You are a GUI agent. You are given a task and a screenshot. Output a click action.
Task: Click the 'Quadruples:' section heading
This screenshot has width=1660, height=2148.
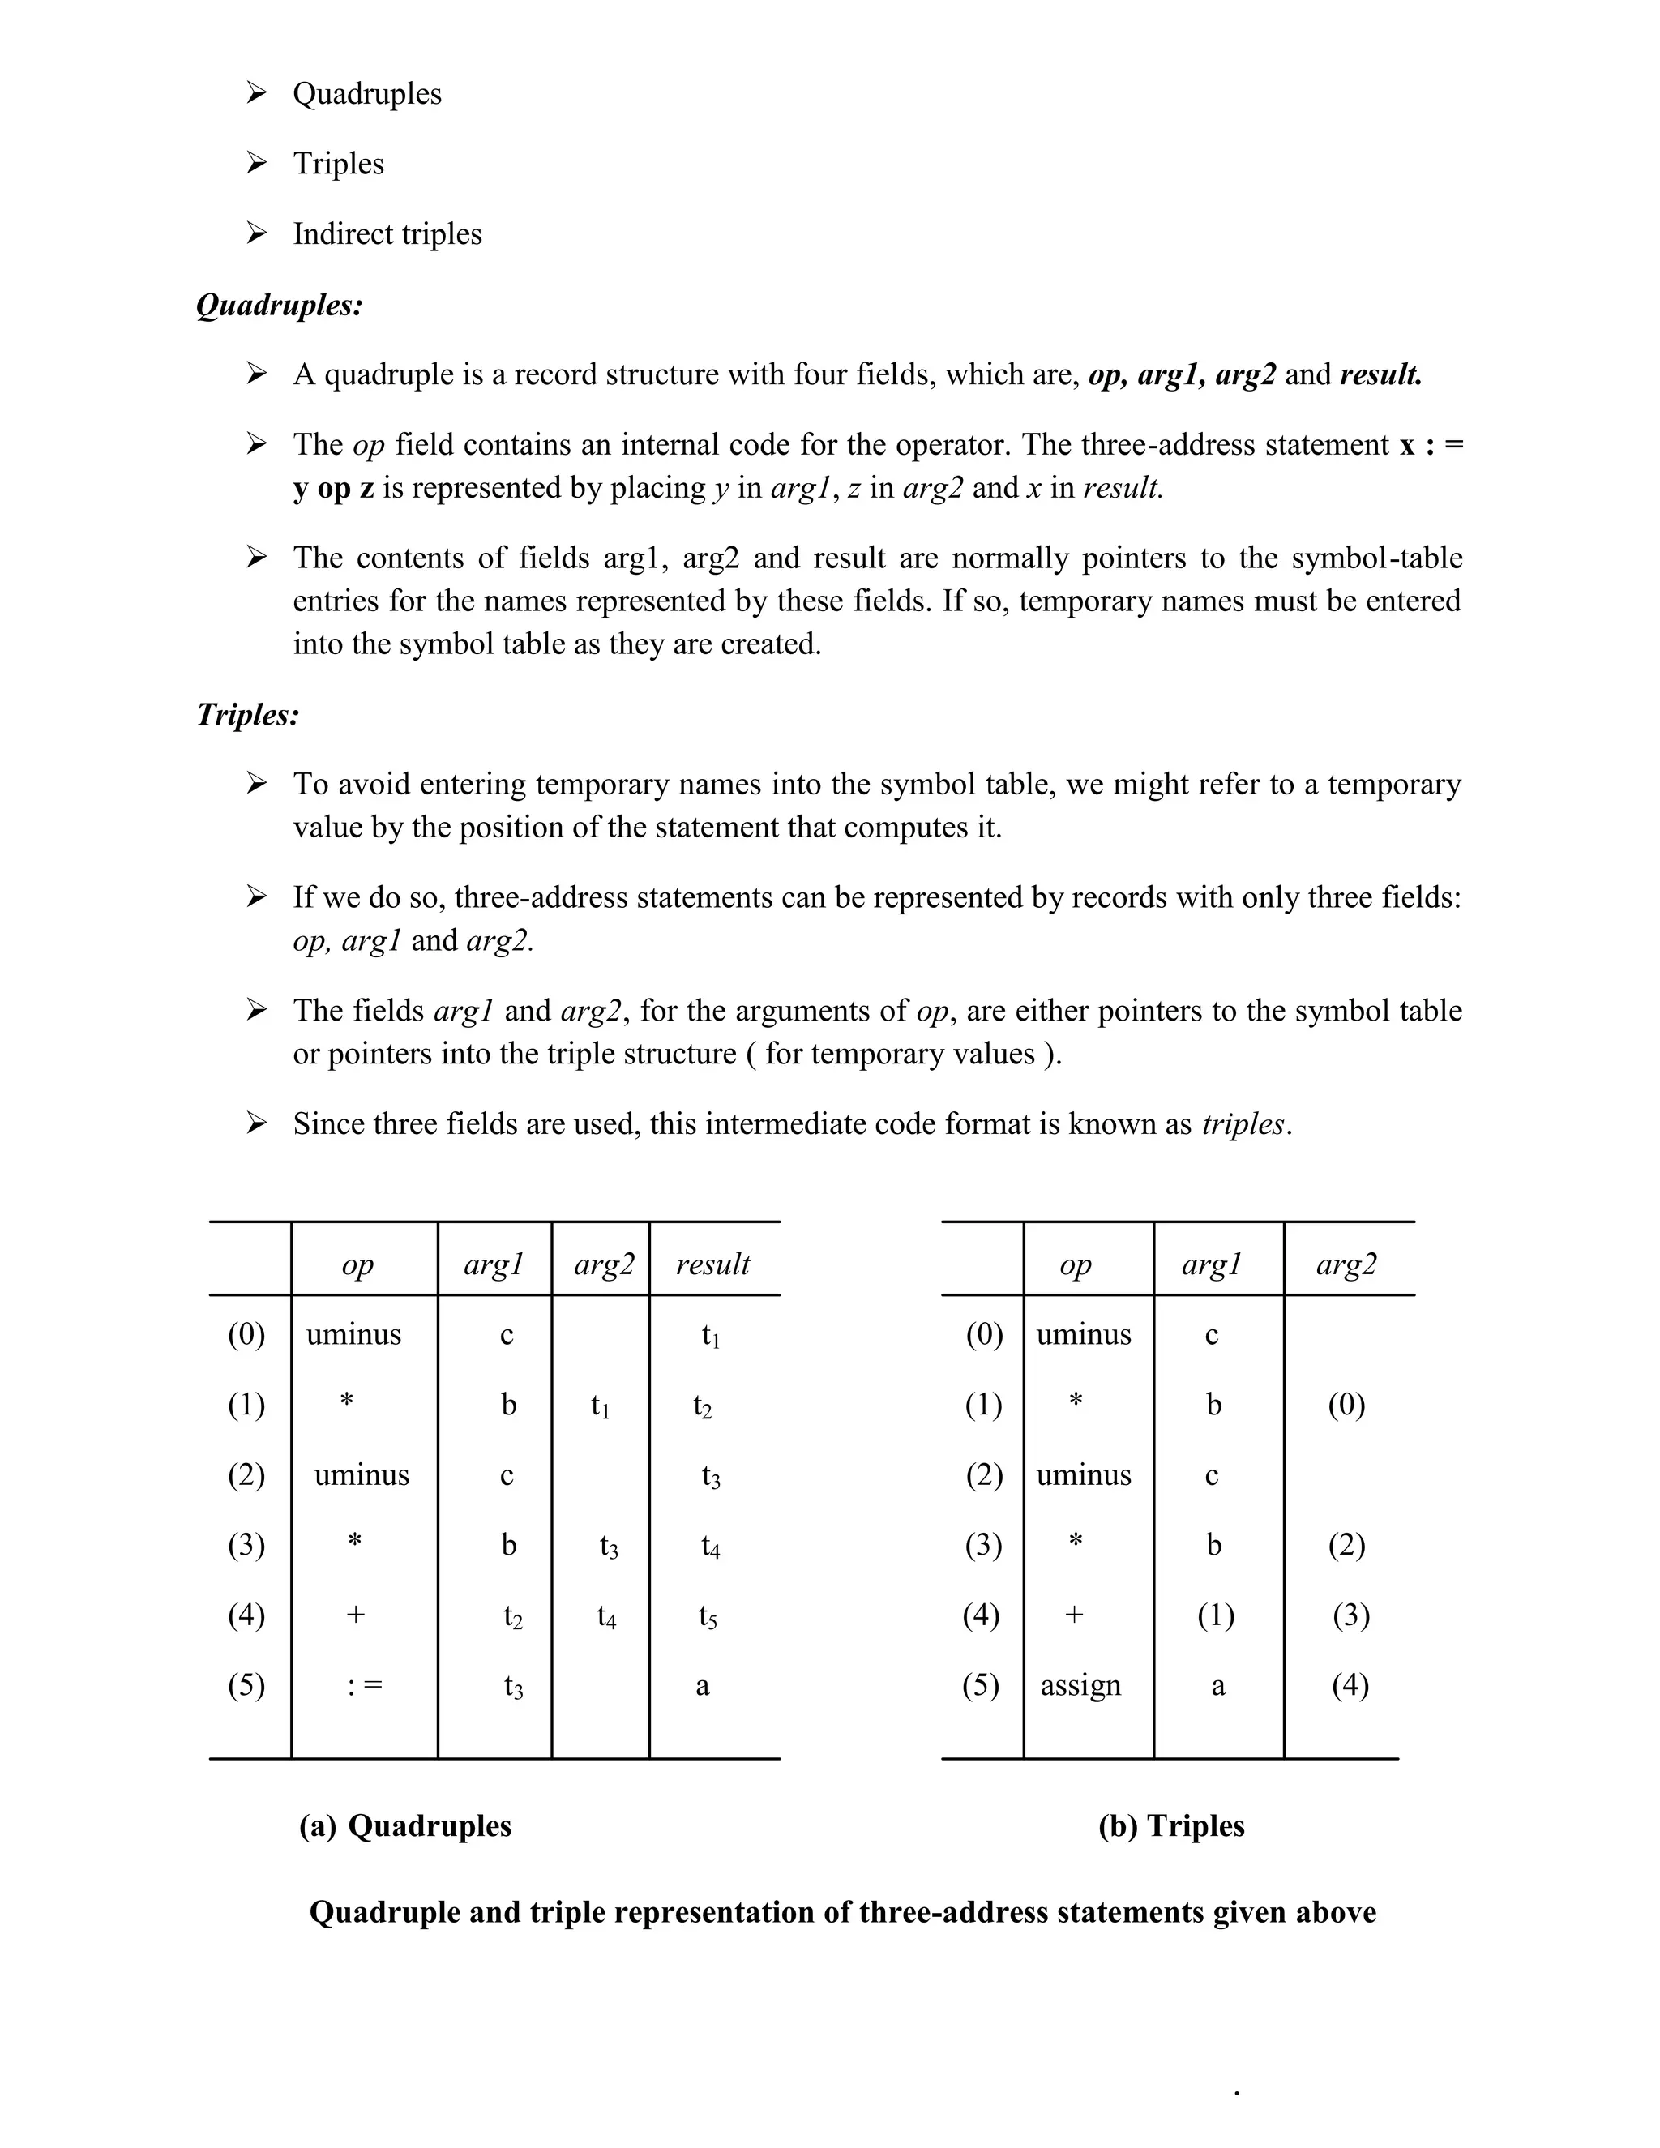pyautogui.click(x=280, y=305)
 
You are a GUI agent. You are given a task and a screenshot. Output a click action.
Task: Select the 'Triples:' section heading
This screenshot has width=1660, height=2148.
pyautogui.click(x=248, y=714)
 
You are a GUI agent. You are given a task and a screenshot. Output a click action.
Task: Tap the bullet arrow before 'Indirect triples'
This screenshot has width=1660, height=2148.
pyautogui.click(x=257, y=233)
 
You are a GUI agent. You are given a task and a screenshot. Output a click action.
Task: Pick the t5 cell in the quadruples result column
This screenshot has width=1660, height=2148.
pyautogui.click(x=708, y=1616)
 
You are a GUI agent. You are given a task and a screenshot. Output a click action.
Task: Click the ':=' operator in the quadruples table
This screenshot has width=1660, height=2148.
pyautogui.click(x=365, y=1685)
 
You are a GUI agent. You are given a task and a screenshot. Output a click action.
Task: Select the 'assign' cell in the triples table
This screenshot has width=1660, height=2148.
pyautogui.click(x=1080, y=1685)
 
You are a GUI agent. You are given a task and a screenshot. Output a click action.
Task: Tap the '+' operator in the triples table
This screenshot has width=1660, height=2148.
pyautogui.click(x=1074, y=1614)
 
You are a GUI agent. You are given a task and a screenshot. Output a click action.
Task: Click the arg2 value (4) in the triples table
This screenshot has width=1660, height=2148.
pyautogui.click(x=1350, y=1685)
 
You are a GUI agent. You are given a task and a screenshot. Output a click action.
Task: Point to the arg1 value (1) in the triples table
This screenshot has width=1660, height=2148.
pyautogui.click(x=1216, y=1614)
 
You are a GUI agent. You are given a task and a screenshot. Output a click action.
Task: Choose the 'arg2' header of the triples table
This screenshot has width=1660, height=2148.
pyautogui.click(x=1346, y=1263)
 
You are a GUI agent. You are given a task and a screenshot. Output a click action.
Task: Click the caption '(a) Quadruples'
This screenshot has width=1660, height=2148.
pyautogui.click(x=405, y=1825)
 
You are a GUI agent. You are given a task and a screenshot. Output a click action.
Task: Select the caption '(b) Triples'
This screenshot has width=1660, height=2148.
pyautogui.click(x=1170, y=1825)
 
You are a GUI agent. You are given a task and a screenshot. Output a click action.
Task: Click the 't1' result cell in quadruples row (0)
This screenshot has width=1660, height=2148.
pyautogui.click(x=710, y=1336)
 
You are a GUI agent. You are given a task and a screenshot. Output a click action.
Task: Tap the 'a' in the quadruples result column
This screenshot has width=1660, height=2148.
pyautogui.click(x=702, y=1686)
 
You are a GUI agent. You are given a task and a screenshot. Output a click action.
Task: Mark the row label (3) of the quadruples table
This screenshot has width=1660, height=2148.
pyautogui.click(x=246, y=1544)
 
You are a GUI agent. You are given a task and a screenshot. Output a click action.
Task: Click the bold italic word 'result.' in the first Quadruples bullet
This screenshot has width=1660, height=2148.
pyautogui.click(x=1380, y=374)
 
